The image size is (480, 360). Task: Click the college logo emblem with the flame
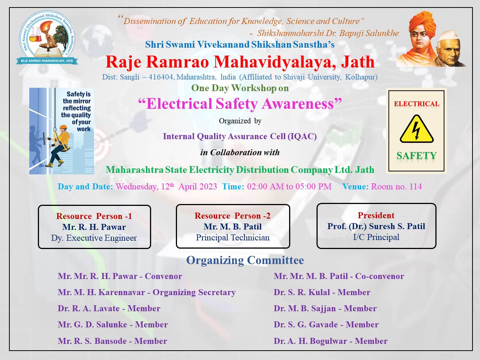[x=47, y=37]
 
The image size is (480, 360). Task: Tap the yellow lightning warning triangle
[x=417, y=129]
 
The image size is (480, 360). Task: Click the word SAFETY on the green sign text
[x=417, y=156]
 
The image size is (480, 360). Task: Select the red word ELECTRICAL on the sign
[x=417, y=103]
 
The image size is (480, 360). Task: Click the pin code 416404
[x=160, y=77]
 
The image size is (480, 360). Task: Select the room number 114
[x=415, y=186]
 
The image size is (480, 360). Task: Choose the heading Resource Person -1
[x=94, y=216]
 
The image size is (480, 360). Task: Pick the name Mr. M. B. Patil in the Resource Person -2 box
[x=232, y=226]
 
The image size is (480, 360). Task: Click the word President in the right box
[x=376, y=215]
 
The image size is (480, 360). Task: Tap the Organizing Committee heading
[x=245, y=260]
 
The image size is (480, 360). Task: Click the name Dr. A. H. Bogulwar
[x=310, y=341]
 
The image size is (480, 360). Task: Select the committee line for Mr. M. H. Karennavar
[x=147, y=292]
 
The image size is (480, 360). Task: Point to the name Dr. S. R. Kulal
[x=302, y=292]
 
